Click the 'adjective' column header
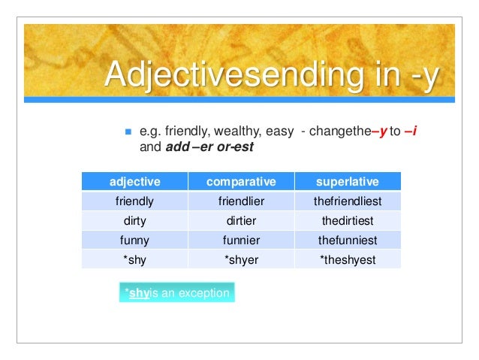click(135, 182)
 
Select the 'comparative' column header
click(241, 182)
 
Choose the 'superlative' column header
click(347, 182)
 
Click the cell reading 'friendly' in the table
click(135, 201)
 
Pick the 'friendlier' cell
click(241, 201)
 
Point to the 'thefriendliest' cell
click(347, 201)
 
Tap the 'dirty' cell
click(135, 221)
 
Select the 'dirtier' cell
click(241, 221)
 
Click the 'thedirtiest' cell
click(347, 221)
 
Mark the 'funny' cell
click(135, 241)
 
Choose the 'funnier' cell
click(241, 241)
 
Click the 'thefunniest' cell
click(347, 241)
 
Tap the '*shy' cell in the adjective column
click(135, 260)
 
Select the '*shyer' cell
click(241, 260)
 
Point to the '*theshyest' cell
click(347, 260)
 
